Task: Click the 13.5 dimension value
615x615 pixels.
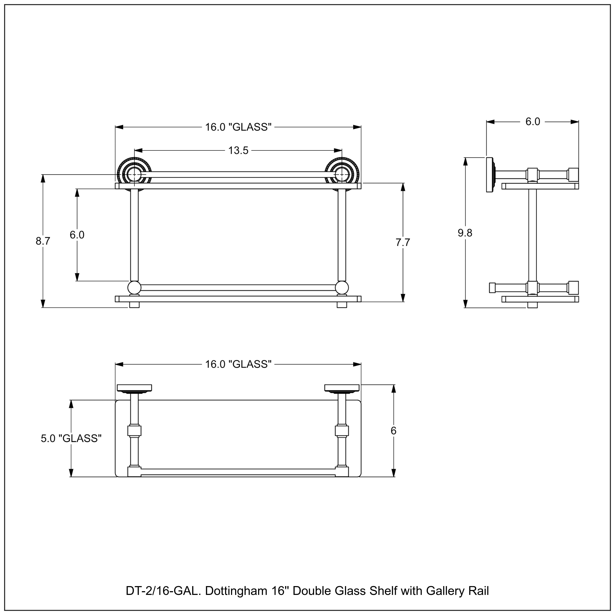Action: (x=238, y=150)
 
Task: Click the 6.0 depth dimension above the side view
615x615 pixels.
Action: (x=533, y=122)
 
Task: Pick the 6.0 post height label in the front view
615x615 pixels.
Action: (x=77, y=235)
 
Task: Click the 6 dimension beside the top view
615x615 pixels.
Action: (x=393, y=431)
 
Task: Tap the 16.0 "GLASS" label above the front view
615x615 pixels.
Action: (x=238, y=127)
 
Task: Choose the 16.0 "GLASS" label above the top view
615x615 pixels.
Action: (x=238, y=364)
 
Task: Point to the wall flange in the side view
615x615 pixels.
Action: (x=490, y=175)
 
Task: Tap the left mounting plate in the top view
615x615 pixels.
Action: (x=134, y=388)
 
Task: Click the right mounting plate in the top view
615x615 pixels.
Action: (x=342, y=388)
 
